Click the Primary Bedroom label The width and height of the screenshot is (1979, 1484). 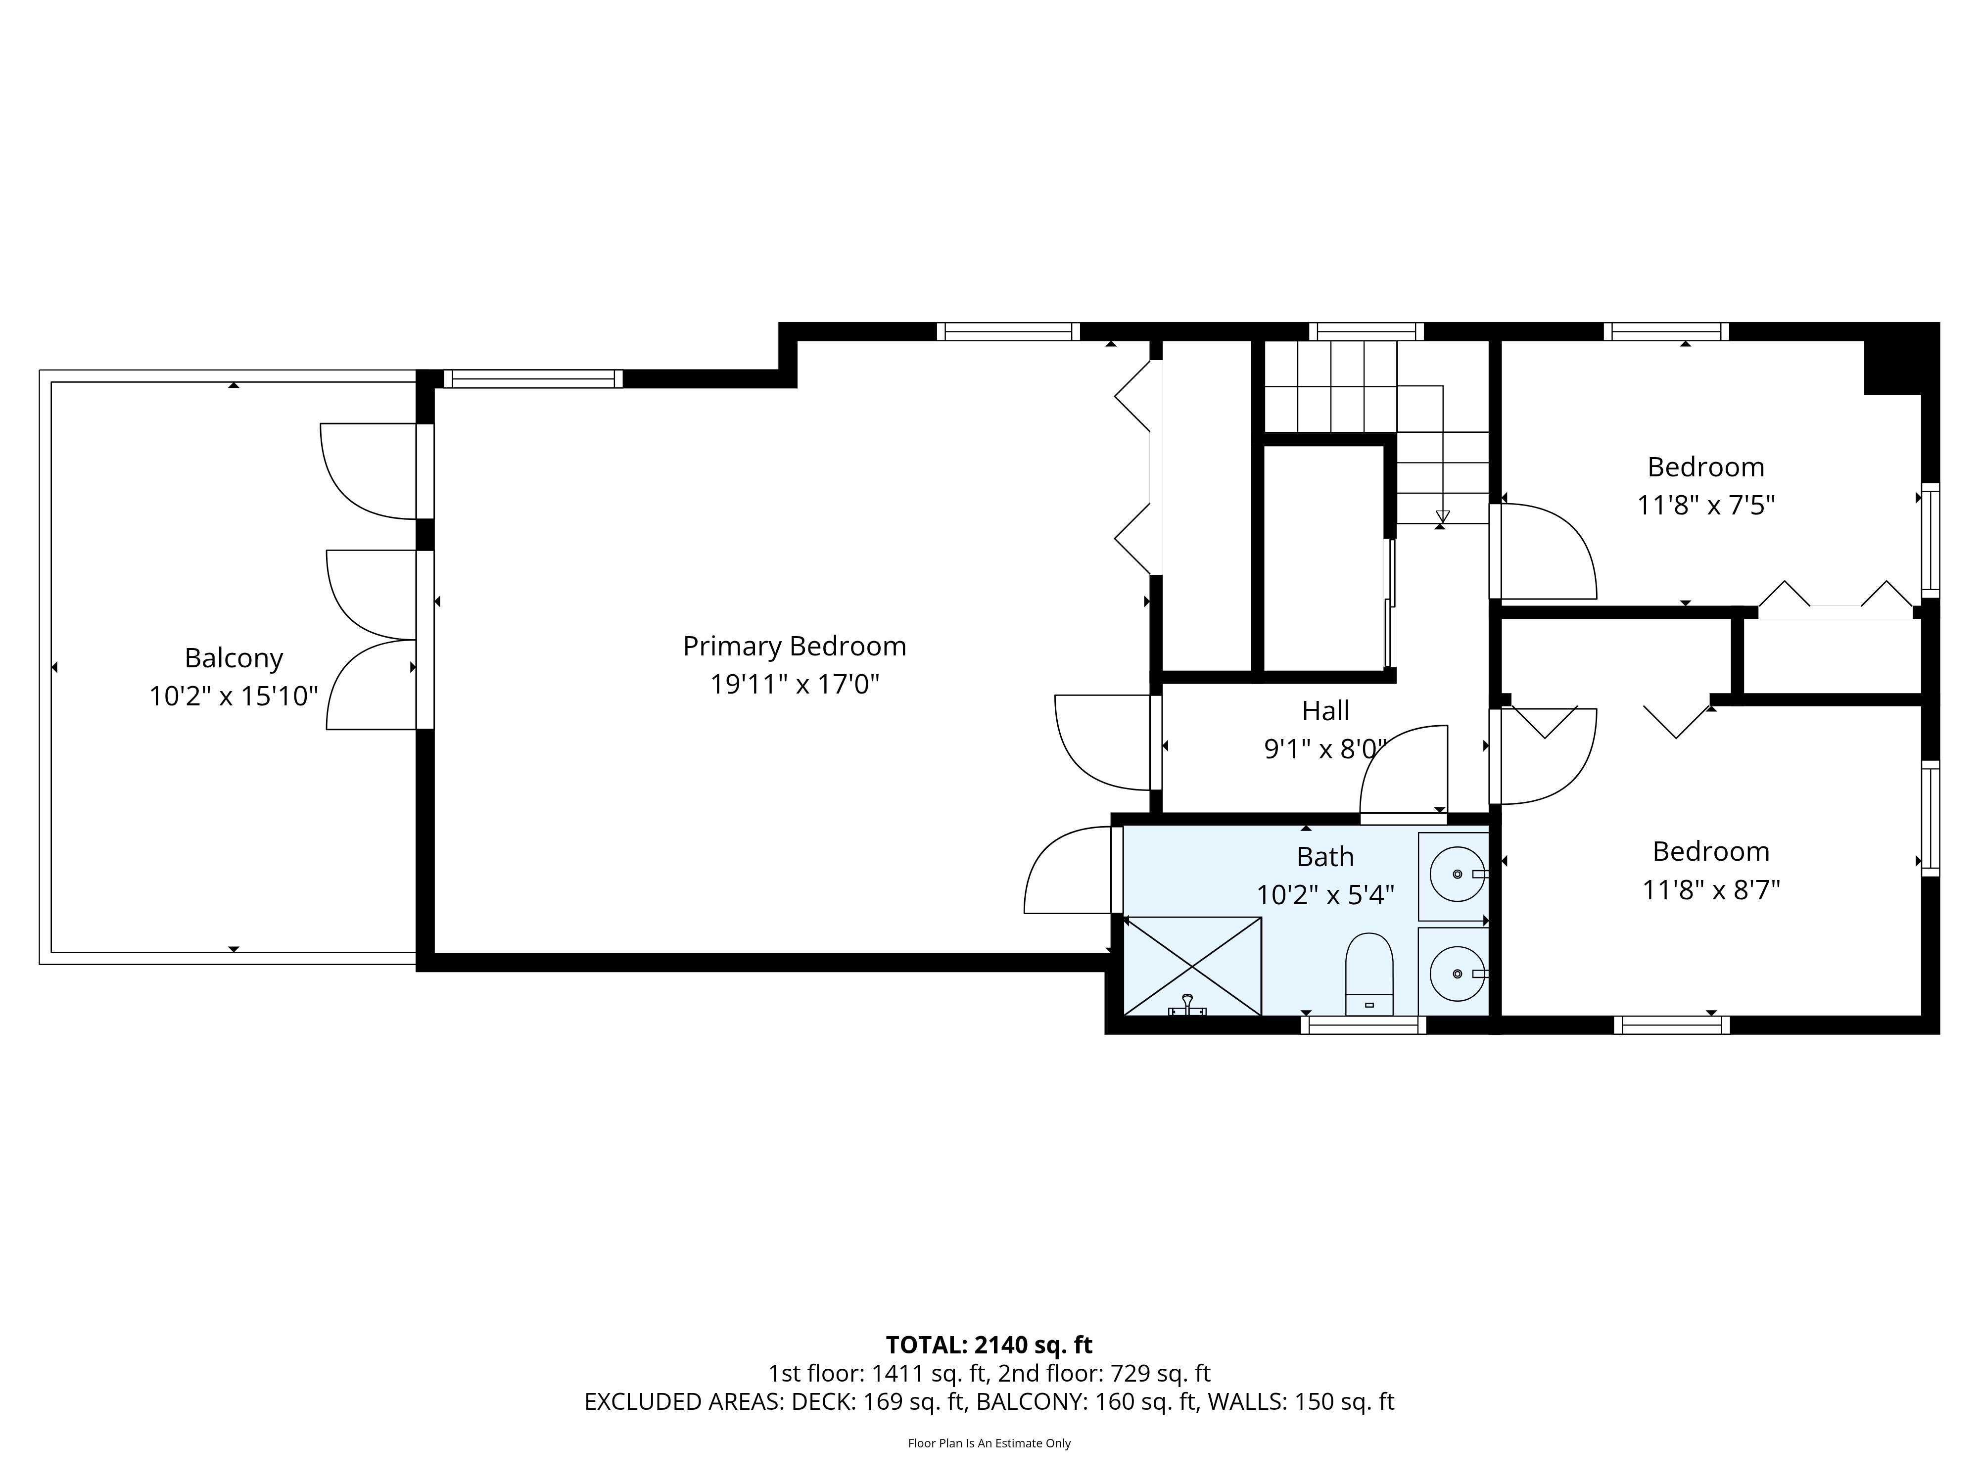coord(795,646)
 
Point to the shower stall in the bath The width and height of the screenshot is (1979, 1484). coord(1192,966)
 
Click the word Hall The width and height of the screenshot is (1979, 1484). coord(1325,711)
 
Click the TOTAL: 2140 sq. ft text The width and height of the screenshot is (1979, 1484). coord(989,1370)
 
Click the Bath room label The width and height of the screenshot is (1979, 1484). coord(1325,857)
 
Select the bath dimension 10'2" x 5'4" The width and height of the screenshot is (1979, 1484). coord(1325,895)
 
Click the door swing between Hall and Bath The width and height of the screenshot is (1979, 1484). coord(1403,769)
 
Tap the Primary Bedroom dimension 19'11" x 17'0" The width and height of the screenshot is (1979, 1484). coord(795,685)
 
